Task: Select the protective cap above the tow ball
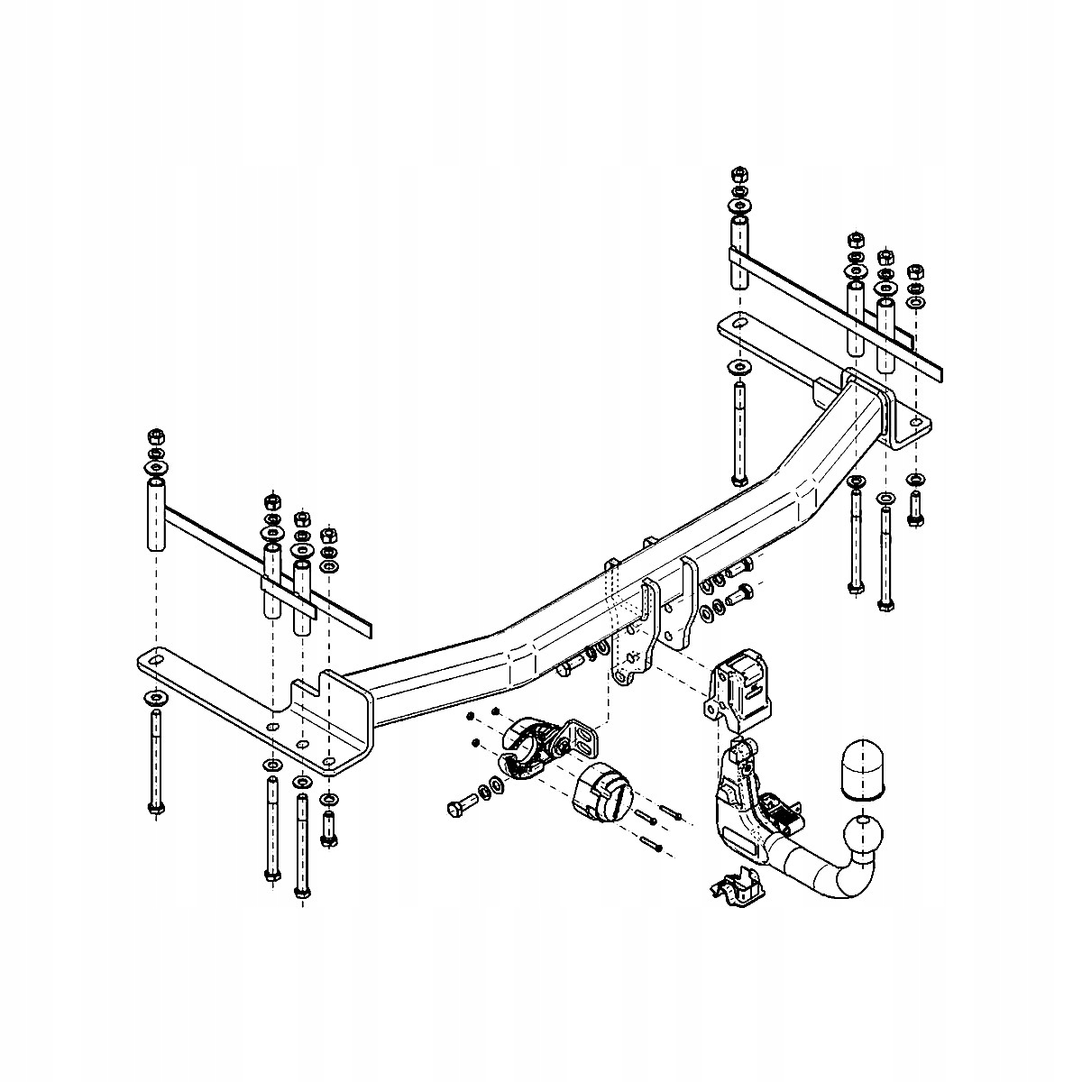click(x=866, y=768)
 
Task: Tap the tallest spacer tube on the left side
click(x=155, y=516)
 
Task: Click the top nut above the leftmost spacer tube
click(x=153, y=435)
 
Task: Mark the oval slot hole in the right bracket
click(x=738, y=325)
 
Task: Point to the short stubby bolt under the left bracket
click(x=329, y=828)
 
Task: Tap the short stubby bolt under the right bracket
click(x=916, y=510)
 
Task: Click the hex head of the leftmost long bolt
click(x=156, y=807)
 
